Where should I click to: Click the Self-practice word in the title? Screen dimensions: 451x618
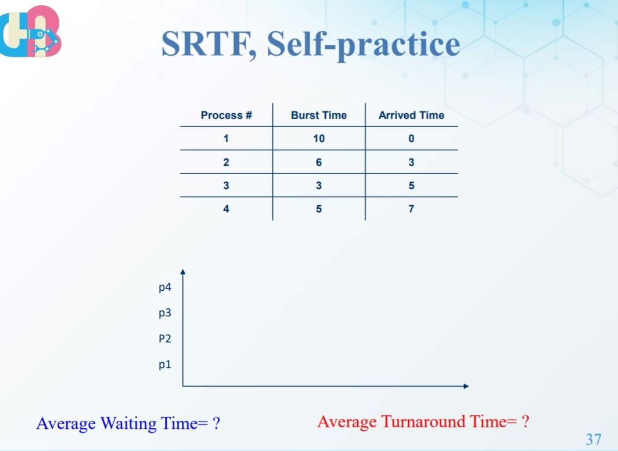pos(364,45)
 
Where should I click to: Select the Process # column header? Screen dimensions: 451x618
pos(226,115)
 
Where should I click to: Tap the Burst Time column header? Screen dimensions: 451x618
pos(318,115)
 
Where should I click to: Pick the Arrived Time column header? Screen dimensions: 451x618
pos(411,115)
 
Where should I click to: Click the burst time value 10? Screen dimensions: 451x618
pos(318,139)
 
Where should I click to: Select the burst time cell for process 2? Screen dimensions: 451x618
pos(318,163)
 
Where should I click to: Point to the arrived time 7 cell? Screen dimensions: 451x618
pos(411,209)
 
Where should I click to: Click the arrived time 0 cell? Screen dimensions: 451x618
pos(411,139)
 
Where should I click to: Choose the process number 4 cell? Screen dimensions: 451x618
pos(226,209)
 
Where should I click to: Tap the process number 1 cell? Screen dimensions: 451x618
pos(226,139)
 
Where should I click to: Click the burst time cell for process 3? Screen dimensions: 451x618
pos(318,186)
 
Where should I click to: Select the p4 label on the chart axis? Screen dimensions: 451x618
pos(165,287)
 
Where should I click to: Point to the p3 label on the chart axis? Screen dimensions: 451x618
pos(165,313)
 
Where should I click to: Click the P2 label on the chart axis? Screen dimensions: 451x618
pos(165,339)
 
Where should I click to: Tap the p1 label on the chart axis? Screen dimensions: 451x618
pos(165,365)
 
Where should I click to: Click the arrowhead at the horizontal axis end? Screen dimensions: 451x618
pos(465,385)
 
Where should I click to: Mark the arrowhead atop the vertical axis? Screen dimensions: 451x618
pos(183,272)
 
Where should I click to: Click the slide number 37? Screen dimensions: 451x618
pos(594,439)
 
